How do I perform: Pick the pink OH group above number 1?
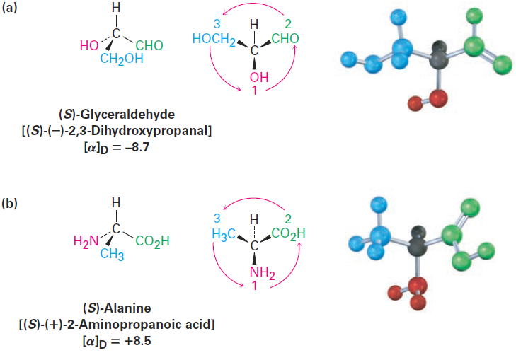point(256,76)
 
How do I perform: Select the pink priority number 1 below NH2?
point(256,286)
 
